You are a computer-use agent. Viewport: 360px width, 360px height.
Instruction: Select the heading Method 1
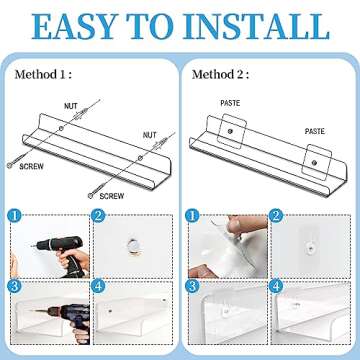click(x=44, y=75)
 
